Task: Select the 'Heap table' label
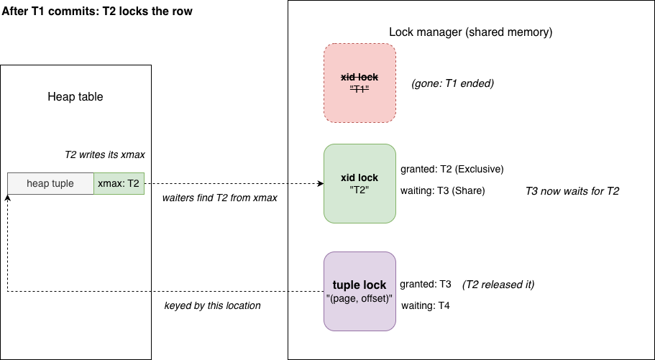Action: pyautogui.click(x=75, y=97)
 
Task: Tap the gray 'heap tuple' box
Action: pyautogui.click(x=50, y=183)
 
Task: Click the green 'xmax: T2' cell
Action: pyautogui.click(x=119, y=183)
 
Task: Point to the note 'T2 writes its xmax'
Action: pyautogui.click(x=105, y=154)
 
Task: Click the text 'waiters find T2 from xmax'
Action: pyautogui.click(x=220, y=198)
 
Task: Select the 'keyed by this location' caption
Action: pyautogui.click(x=213, y=305)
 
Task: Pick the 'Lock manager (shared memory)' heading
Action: pyautogui.click(x=471, y=32)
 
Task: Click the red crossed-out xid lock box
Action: pyautogui.click(x=359, y=83)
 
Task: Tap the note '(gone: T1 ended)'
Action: pyautogui.click(x=453, y=83)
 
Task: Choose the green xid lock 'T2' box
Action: pyautogui.click(x=359, y=183)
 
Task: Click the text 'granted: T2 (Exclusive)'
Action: pyautogui.click(x=452, y=169)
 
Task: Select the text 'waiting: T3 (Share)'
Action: pyautogui.click(x=443, y=191)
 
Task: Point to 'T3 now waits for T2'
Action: pyautogui.click(x=572, y=191)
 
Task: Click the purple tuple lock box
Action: pyautogui.click(x=359, y=292)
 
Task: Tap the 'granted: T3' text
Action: pyautogui.click(x=426, y=285)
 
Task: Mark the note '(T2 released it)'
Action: pyautogui.click(x=498, y=285)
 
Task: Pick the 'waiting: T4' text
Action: pyautogui.click(x=426, y=305)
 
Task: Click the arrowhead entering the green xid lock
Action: pyautogui.click(x=321, y=183)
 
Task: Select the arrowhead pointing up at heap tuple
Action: pyautogui.click(x=7, y=198)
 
